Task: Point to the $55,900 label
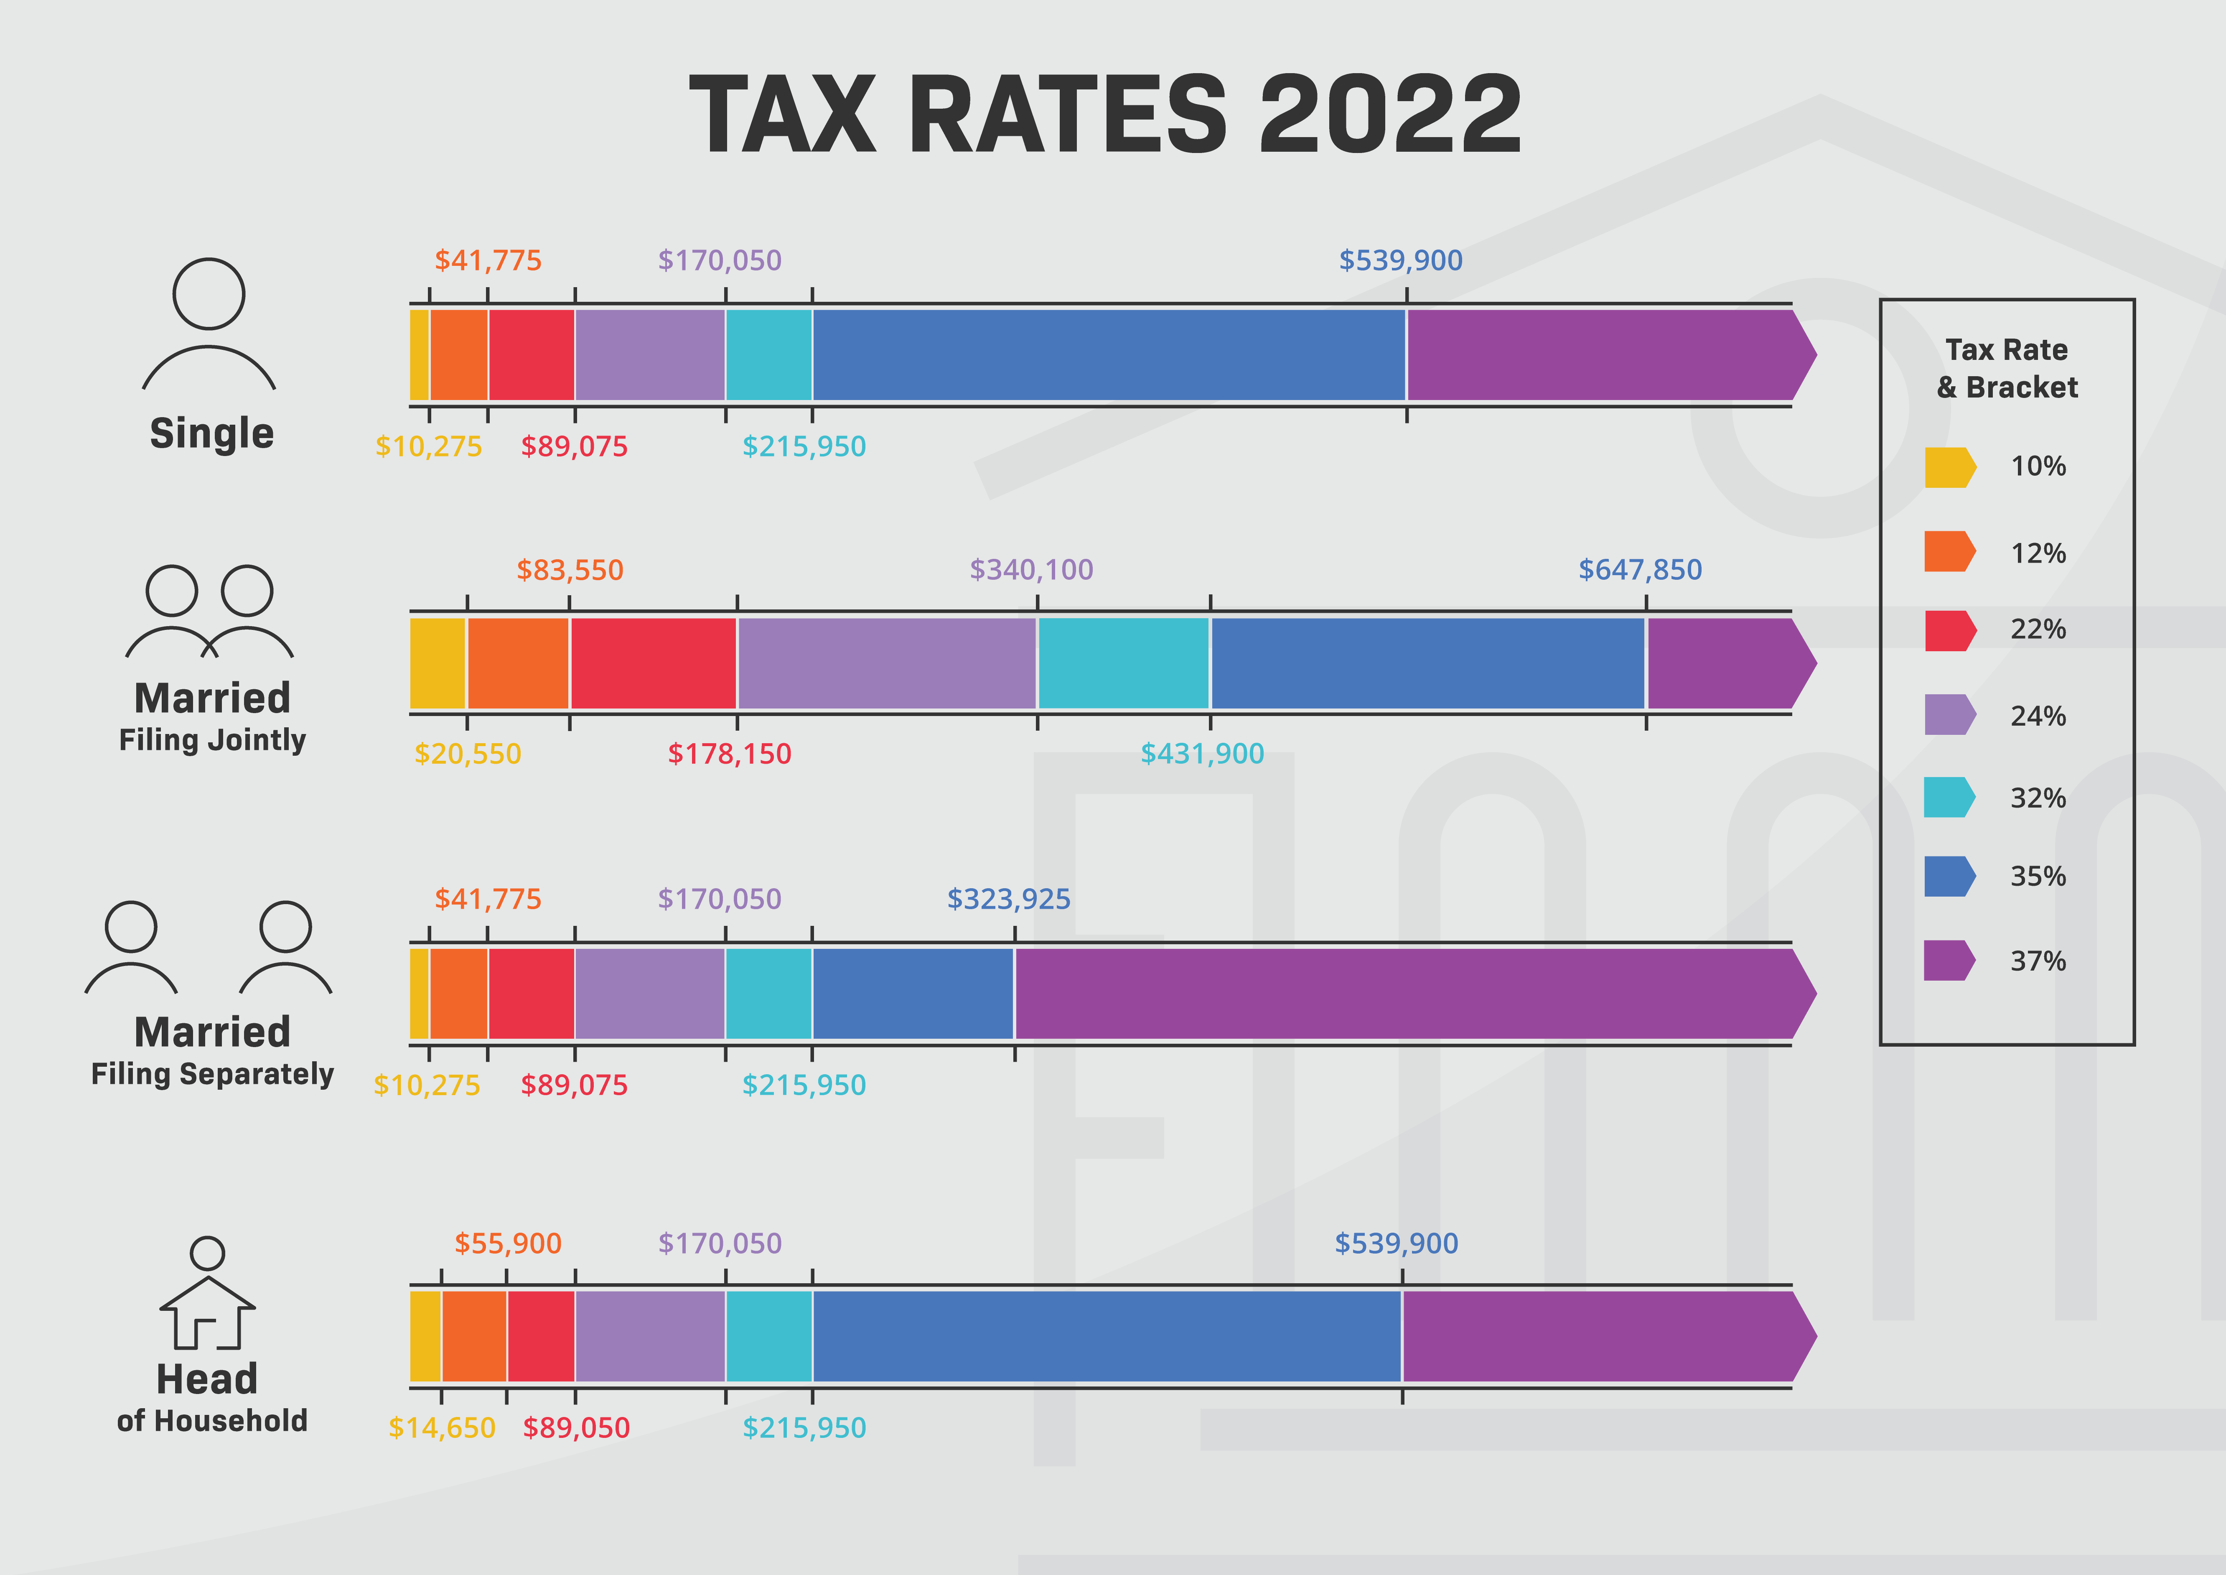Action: coord(508,1243)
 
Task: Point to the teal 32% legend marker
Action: coord(1949,797)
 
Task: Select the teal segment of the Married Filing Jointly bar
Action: coord(1124,663)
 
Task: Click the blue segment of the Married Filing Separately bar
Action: coord(913,994)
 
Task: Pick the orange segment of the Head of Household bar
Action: coord(474,1336)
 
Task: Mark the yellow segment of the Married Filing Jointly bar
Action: coord(438,663)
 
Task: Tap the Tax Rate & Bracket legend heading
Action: coord(2007,369)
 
